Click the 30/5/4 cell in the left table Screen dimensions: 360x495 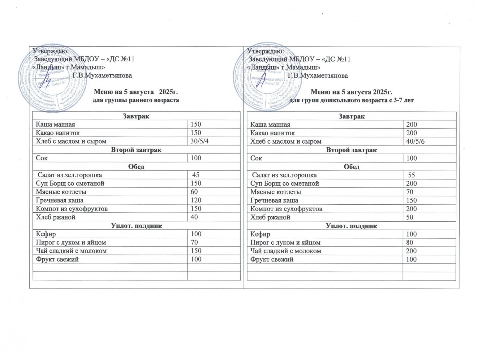click(x=201, y=141)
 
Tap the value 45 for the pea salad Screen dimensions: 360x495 click(x=196, y=175)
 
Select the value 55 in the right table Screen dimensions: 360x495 click(x=411, y=175)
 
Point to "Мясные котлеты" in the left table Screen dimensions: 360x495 click(x=61, y=192)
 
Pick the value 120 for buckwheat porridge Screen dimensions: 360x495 click(x=196, y=200)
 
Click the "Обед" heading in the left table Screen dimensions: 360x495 click(x=136, y=167)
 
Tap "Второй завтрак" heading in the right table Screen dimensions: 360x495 click(x=351, y=150)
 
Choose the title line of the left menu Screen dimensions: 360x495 click(x=136, y=92)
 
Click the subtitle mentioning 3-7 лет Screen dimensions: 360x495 click(x=351, y=100)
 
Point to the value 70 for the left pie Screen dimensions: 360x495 click(x=194, y=242)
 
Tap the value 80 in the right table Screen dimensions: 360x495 click(x=409, y=243)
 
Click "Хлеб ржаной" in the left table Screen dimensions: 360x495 click(x=56, y=217)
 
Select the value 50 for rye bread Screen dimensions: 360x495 click(x=409, y=217)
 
